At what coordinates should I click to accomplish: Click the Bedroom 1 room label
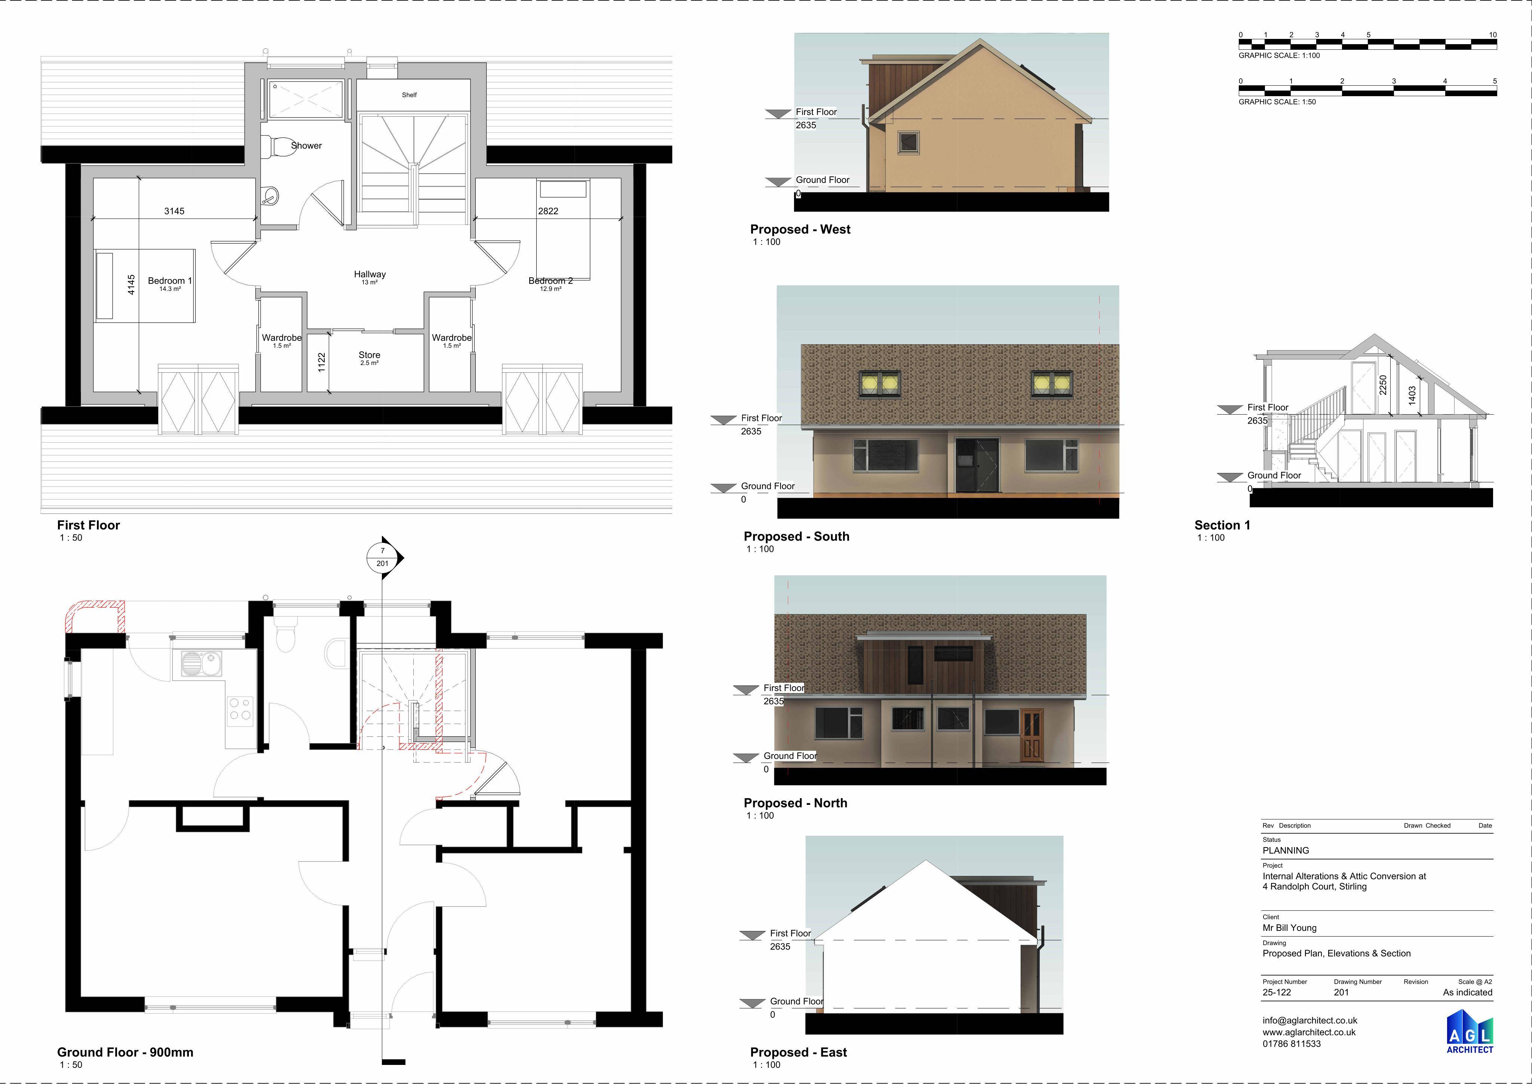pos(169,281)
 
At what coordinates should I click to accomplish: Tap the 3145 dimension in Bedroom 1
pos(174,211)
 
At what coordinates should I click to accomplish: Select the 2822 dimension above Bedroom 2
pos(548,211)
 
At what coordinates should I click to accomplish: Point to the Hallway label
pos(370,274)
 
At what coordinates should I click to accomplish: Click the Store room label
pos(369,355)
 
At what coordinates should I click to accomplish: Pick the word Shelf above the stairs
pos(409,95)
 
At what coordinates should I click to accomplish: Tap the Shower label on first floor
pos(306,146)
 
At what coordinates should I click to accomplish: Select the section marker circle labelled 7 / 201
pos(382,557)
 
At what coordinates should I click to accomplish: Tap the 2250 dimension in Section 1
pos(1382,385)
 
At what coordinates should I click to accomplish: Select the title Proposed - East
pos(798,1052)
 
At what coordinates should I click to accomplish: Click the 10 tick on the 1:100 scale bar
pos(1493,35)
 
